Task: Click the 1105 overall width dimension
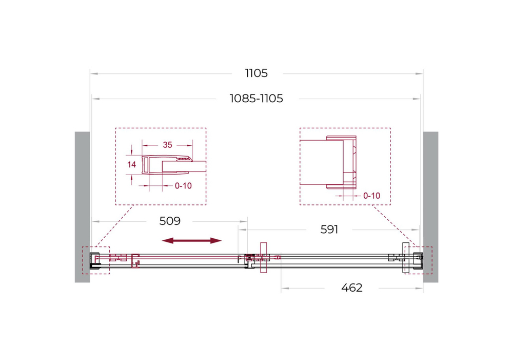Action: [x=256, y=73]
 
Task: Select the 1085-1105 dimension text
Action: [x=256, y=99]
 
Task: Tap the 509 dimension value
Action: [x=170, y=221]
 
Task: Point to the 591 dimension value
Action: [x=329, y=230]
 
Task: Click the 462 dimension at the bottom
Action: [x=352, y=288]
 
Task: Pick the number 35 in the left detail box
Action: [x=167, y=145]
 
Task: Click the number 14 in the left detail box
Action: [x=131, y=165]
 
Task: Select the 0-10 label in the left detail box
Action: [x=183, y=186]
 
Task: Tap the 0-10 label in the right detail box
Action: [x=371, y=196]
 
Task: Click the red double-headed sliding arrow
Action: [x=191, y=240]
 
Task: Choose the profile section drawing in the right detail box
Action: [x=342, y=162]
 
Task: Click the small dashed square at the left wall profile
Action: [x=96, y=260]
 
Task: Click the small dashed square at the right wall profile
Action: [x=418, y=260]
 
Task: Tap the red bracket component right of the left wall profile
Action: [x=136, y=260]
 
